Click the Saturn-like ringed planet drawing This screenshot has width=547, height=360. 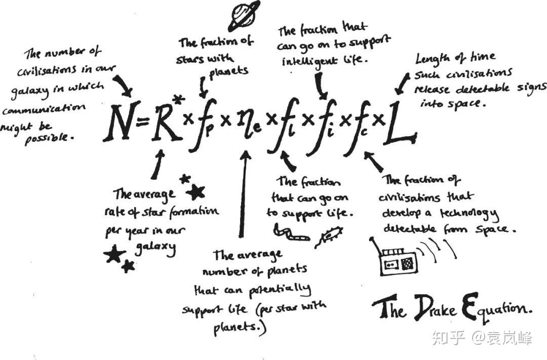click(243, 16)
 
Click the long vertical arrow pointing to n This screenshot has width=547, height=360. click(243, 195)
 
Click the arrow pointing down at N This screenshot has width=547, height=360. click(123, 86)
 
